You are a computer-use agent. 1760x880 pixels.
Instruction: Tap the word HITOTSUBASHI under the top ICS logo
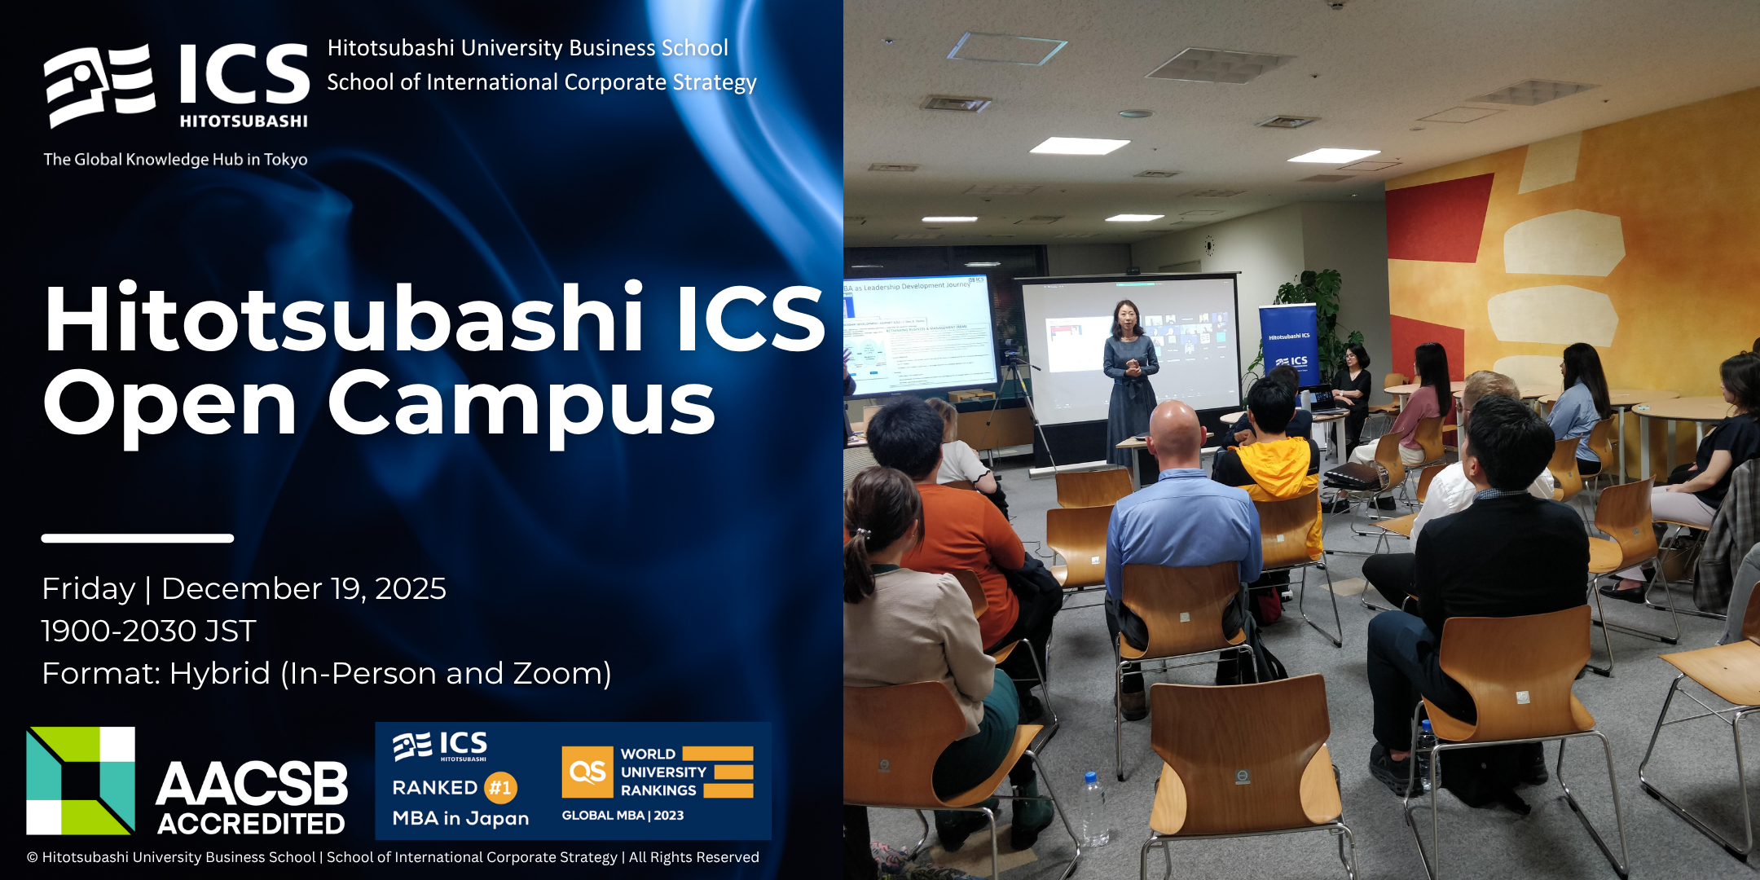tap(243, 121)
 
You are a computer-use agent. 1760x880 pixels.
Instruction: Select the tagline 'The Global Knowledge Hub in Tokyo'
tap(175, 160)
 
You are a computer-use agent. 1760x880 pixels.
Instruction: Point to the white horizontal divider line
tap(137, 538)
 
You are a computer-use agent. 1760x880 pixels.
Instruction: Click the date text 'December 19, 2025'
tap(303, 588)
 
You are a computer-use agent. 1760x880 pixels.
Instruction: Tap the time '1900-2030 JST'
tap(148, 631)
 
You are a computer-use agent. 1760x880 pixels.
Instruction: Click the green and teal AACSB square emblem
tap(80, 781)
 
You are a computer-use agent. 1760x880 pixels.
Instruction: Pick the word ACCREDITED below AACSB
tap(251, 824)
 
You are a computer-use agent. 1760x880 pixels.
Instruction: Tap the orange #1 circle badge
tap(500, 787)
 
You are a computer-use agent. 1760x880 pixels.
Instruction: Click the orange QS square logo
tap(587, 772)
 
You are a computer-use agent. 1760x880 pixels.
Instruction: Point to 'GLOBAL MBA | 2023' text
tap(623, 815)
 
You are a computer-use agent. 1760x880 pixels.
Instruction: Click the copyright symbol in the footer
tap(33, 857)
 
